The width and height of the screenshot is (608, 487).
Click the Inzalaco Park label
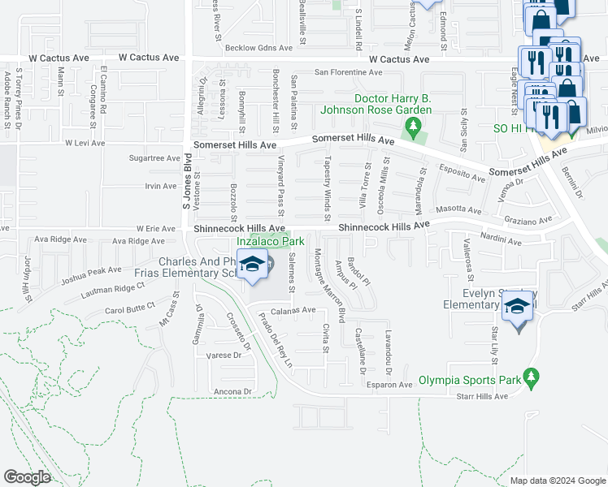point(271,241)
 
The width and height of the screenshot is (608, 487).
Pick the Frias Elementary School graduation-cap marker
point(253,266)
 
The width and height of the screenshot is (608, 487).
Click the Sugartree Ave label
point(154,158)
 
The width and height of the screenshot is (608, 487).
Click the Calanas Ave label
point(293,310)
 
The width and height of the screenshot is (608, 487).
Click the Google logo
point(27,476)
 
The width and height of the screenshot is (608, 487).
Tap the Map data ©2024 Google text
point(557,481)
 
